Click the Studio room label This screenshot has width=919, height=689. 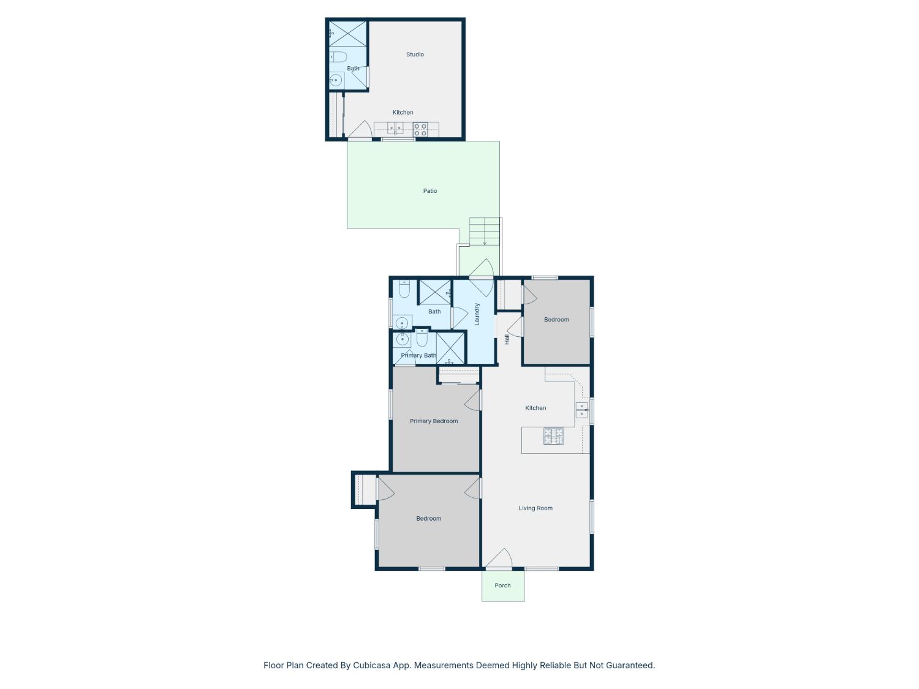415,55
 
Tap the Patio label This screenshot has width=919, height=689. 430,190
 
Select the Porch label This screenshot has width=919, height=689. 502,585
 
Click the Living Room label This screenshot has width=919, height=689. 535,508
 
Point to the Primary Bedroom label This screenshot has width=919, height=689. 434,421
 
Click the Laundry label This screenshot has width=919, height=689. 477,314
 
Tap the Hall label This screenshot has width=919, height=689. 507,339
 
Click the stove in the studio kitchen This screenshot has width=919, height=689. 420,130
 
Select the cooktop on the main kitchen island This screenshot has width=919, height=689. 553,436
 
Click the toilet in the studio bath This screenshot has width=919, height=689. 338,56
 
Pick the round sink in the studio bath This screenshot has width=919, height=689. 335,80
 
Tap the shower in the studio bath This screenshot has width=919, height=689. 347,34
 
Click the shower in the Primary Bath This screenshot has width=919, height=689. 450,348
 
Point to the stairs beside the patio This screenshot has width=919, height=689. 485,232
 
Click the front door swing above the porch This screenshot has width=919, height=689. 499,559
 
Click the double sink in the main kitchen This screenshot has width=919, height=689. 581,410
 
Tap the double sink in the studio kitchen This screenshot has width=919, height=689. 395,128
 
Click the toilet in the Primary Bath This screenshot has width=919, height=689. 422,338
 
